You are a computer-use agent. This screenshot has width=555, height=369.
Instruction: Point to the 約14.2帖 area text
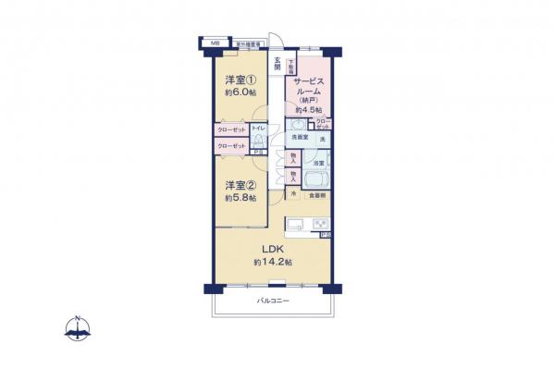pyautogui.click(x=273, y=263)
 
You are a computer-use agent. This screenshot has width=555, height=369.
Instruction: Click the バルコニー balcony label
pyautogui.click(x=273, y=302)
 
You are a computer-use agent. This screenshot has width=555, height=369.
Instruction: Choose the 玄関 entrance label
pyautogui.click(x=276, y=65)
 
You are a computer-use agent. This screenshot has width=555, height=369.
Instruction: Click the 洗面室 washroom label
pyautogui.click(x=298, y=138)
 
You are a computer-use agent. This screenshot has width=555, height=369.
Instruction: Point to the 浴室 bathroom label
pyautogui.click(x=317, y=164)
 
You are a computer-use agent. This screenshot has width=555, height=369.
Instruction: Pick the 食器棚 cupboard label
pyautogui.click(x=316, y=195)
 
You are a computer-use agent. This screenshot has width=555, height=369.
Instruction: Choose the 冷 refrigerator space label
pyautogui.click(x=293, y=195)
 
